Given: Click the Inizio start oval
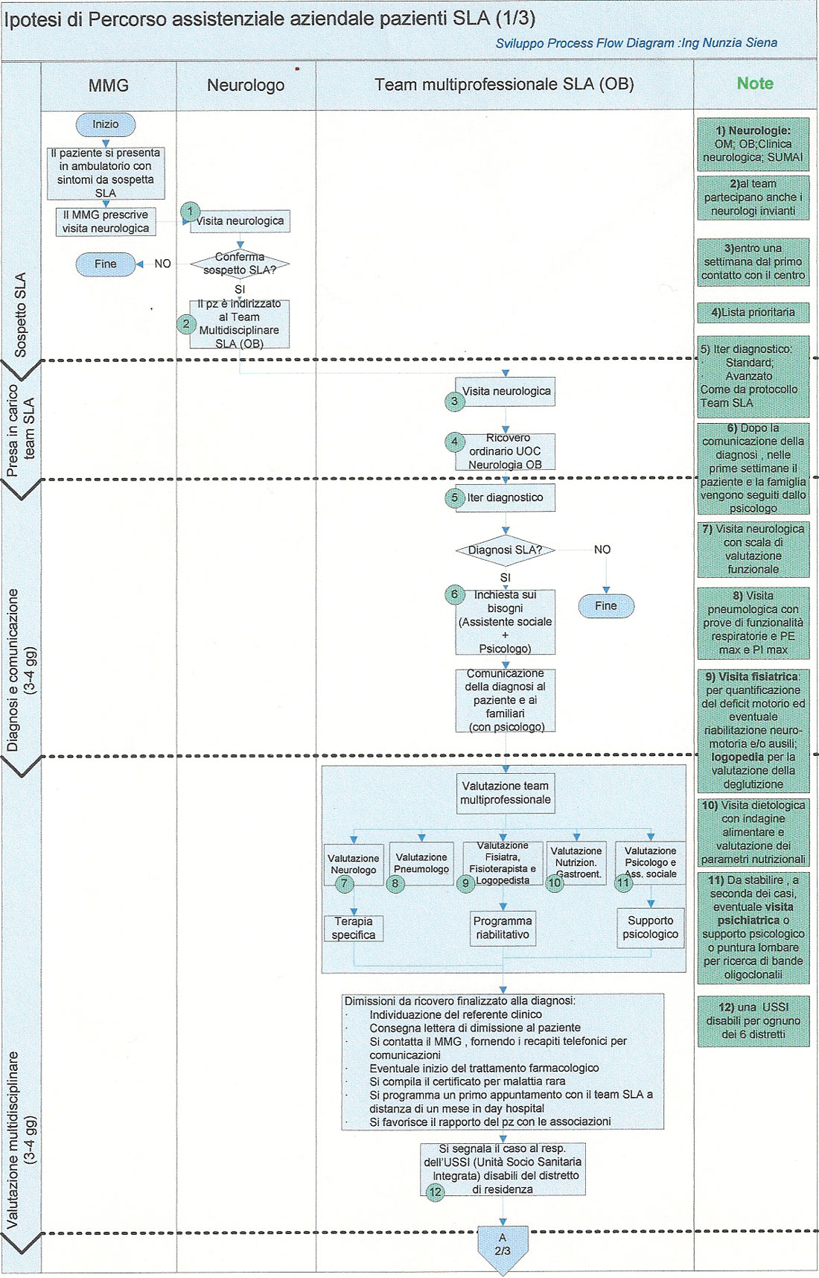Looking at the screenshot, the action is pyautogui.click(x=106, y=124).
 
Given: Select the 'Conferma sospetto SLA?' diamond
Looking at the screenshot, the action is pyautogui.click(x=240, y=264).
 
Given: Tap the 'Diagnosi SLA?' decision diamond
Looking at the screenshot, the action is pyautogui.click(x=506, y=550).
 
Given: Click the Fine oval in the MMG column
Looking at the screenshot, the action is pyautogui.click(x=106, y=264).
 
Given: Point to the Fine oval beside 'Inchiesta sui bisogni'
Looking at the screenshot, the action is pyautogui.click(x=606, y=606).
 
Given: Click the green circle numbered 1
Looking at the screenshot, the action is pyautogui.click(x=190, y=212).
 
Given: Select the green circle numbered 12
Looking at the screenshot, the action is pyautogui.click(x=436, y=1192).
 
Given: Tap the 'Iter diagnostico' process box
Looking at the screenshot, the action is pyautogui.click(x=505, y=497).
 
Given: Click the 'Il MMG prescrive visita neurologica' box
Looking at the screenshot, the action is pyautogui.click(x=106, y=222).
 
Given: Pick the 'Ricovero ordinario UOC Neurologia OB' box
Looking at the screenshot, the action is pyautogui.click(x=505, y=451).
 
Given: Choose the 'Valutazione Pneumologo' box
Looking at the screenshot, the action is pyautogui.click(x=421, y=864).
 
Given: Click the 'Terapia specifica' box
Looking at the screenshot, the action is pyautogui.click(x=354, y=928).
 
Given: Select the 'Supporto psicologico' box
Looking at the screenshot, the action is pyautogui.click(x=651, y=928).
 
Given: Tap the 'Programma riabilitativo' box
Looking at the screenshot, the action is pyautogui.click(x=503, y=928).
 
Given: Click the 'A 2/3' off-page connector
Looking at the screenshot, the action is pyautogui.click(x=503, y=1248).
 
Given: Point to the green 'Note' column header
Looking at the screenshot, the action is pyautogui.click(x=755, y=83).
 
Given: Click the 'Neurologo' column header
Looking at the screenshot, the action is pyautogui.click(x=246, y=85).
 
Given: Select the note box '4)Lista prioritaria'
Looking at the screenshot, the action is pyautogui.click(x=753, y=312).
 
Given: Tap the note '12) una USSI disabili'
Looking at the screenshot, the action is pyautogui.click(x=753, y=1021).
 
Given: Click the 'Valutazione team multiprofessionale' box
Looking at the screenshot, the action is pyautogui.click(x=506, y=793).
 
